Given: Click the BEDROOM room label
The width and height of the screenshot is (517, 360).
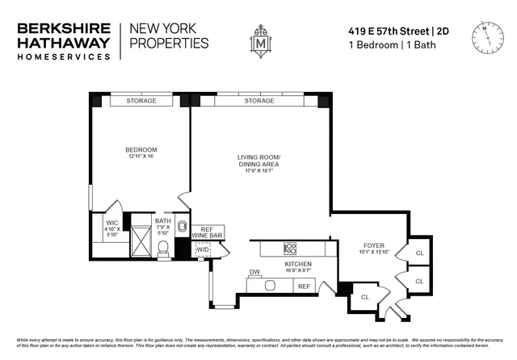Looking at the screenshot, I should [141, 149].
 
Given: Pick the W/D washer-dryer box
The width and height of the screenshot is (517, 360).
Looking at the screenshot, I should [202, 250].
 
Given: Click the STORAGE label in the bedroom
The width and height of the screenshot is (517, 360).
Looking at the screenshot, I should [141, 101].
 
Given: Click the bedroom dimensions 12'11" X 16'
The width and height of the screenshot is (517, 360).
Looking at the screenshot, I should [141, 157].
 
